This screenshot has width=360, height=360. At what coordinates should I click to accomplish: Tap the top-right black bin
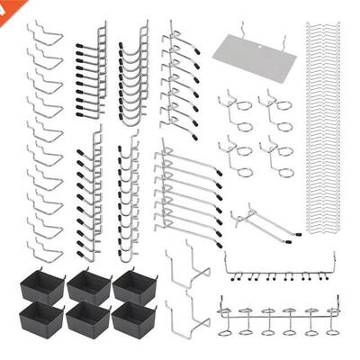(135, 285)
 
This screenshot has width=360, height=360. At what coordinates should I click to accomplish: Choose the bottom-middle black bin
(88, 319)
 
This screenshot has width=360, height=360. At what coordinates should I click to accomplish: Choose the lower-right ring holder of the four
(279, 156)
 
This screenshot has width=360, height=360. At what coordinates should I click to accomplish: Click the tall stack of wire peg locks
(326, 135)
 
